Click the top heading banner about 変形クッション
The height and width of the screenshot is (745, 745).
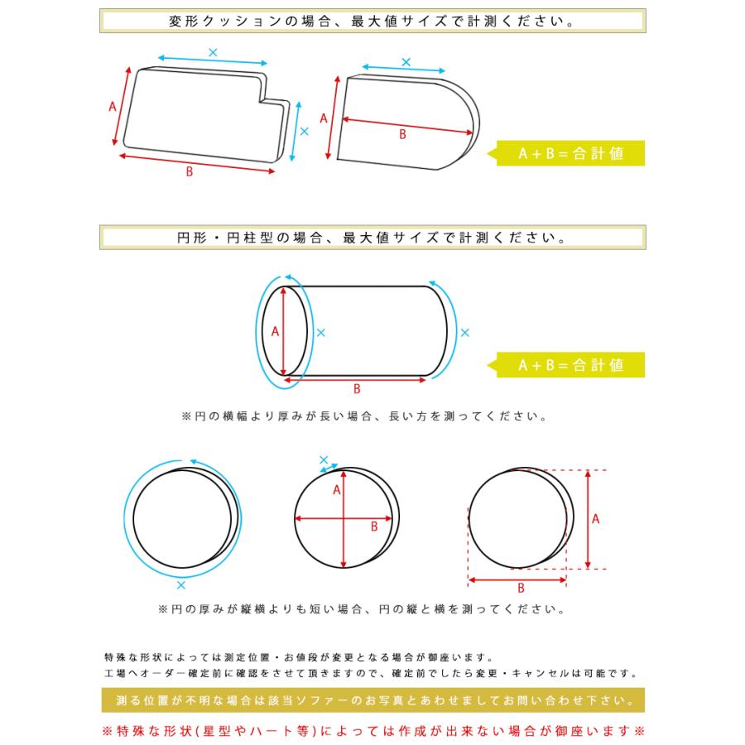(x=372, y=21)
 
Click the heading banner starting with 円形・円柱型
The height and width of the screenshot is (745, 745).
(x=372, y=238)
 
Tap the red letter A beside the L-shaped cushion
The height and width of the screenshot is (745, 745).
(x=113, y=106)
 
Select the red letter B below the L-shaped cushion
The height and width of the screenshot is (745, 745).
(x=190, y=172)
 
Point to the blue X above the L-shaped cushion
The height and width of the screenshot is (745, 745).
(x=213, y=52)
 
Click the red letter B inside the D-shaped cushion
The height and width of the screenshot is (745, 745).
(x=403, y=134)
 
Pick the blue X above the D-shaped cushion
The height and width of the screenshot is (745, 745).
(x=406, y=62)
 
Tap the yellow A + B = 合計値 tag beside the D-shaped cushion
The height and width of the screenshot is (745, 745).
(x=570, y=154)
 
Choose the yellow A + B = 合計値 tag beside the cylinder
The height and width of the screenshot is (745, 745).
(x=570, y=364)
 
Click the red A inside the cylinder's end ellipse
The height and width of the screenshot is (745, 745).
(x=275, y=330)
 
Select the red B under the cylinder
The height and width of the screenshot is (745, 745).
(x=357, y=388)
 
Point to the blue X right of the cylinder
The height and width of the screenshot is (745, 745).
(x=464, y=332)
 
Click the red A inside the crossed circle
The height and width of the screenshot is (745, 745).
(x=337, y=489)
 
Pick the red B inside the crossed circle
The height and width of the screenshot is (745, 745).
(x=374, y=526)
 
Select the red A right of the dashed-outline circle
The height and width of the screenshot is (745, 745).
(x=596, y=519)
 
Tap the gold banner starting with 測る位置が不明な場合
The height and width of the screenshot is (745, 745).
(x=372, y=702)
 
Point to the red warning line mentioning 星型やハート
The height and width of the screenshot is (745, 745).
(x=372, y=731)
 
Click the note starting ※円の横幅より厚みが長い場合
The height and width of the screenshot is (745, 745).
(x=364, y=417)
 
